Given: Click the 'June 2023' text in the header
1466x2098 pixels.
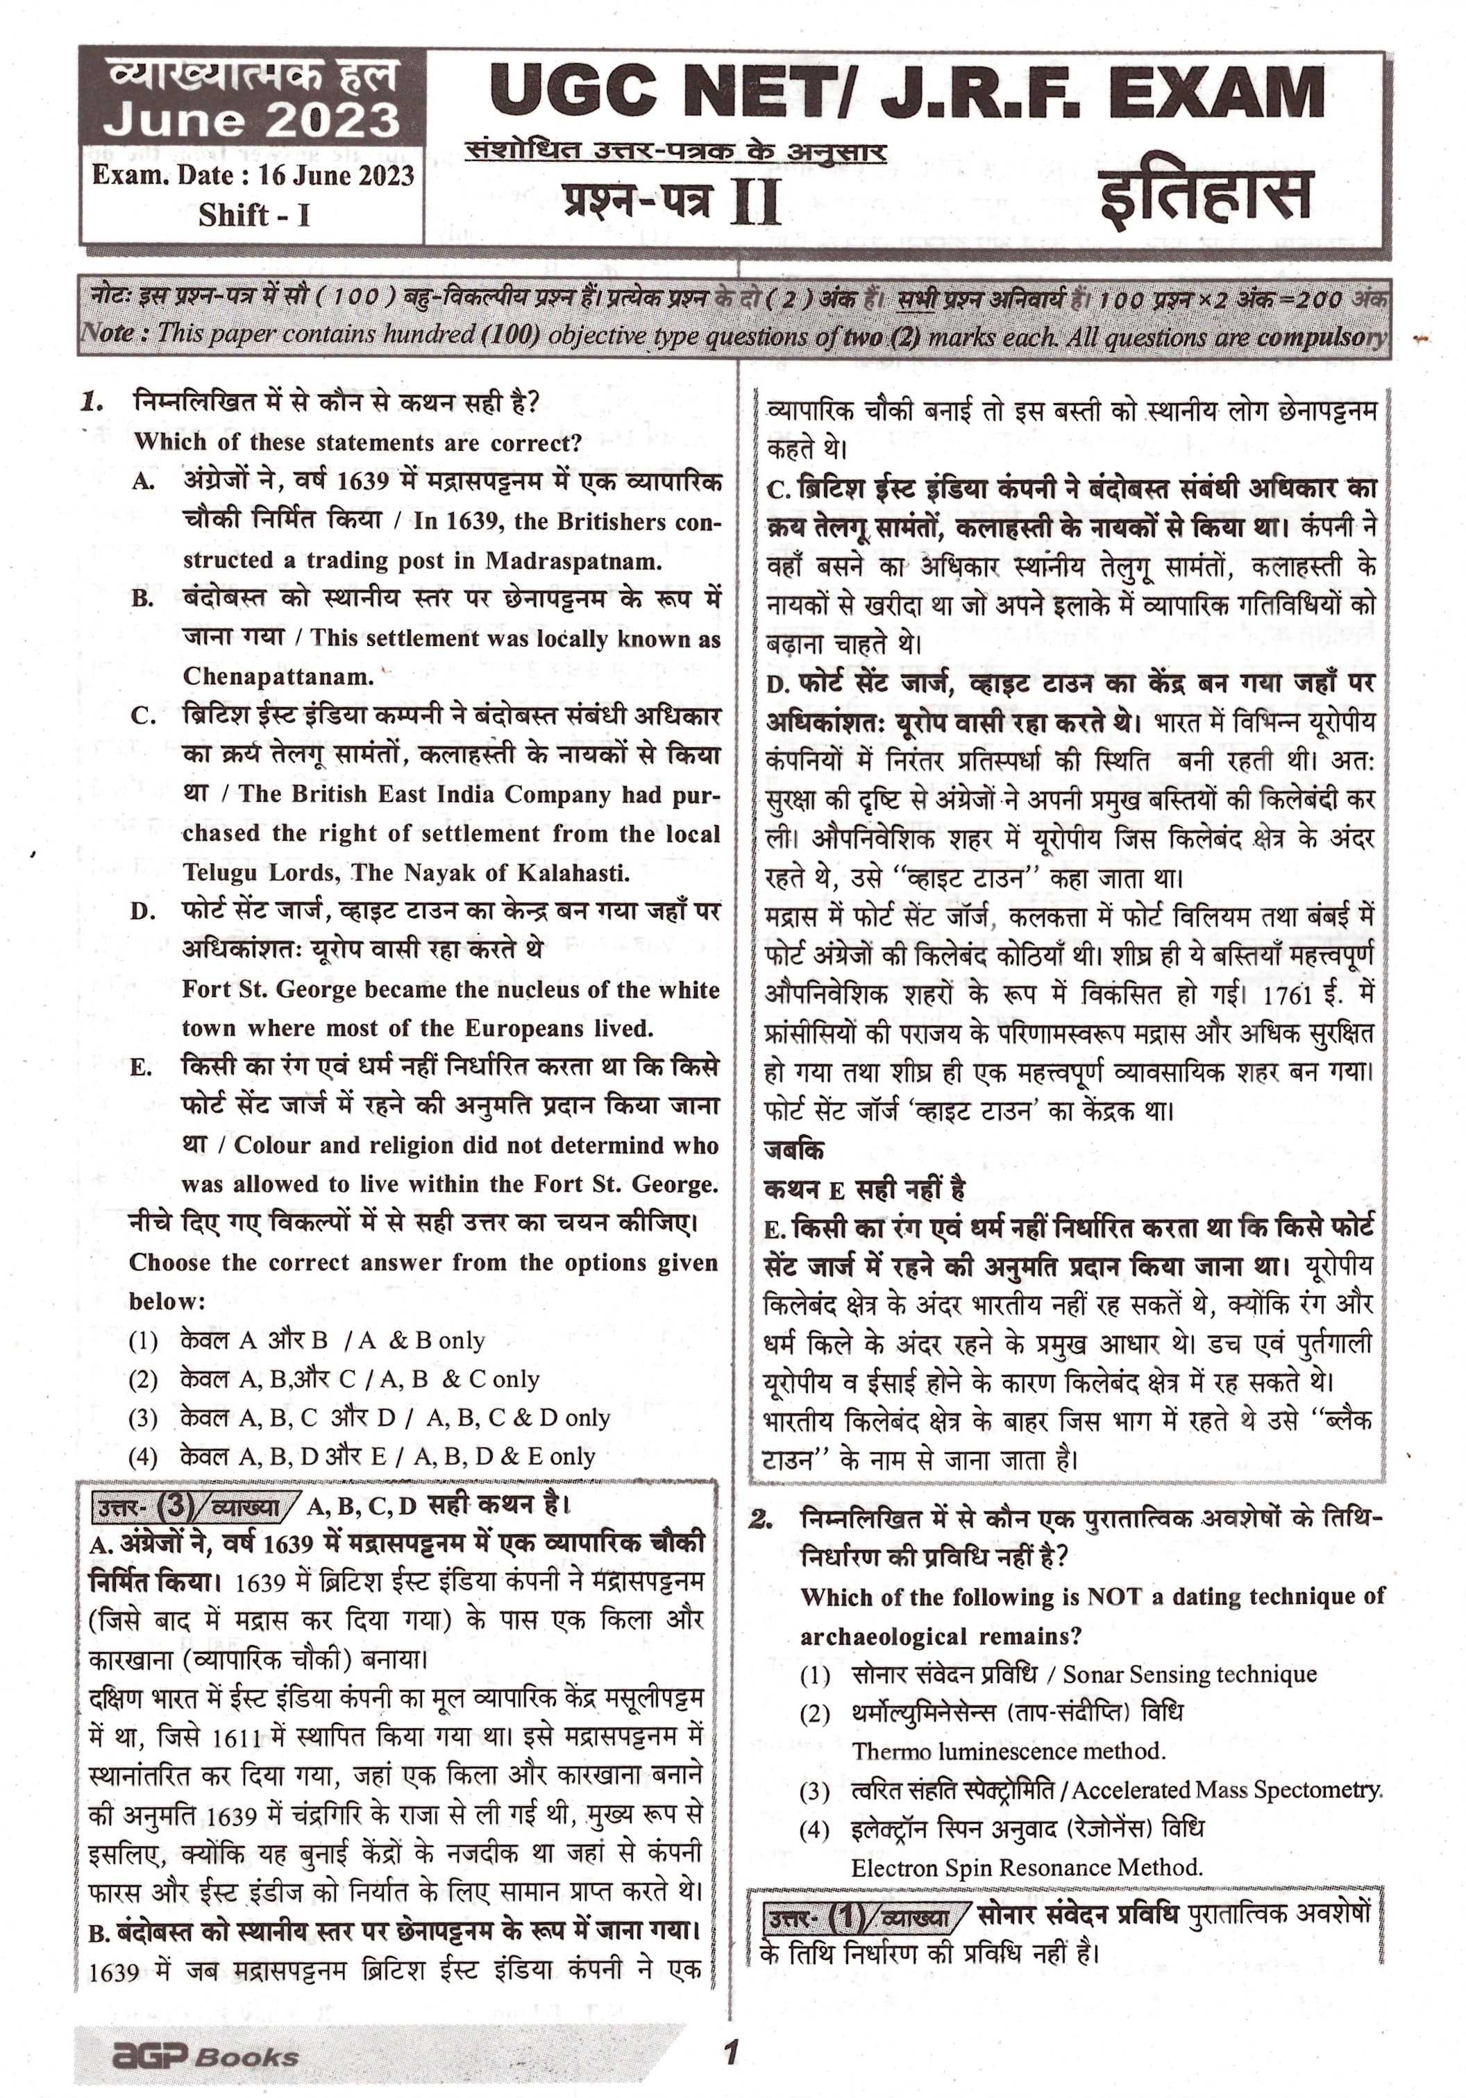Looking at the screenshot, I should [251, 121].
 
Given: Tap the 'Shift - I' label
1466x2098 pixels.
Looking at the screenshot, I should [254, 215].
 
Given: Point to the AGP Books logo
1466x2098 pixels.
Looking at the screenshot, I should [205, 2031].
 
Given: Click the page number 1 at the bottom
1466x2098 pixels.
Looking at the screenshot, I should [730, 2028].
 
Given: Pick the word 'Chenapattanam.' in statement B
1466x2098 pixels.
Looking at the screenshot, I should [278, 677].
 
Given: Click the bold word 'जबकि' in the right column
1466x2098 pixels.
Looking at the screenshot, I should [794, 1150].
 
